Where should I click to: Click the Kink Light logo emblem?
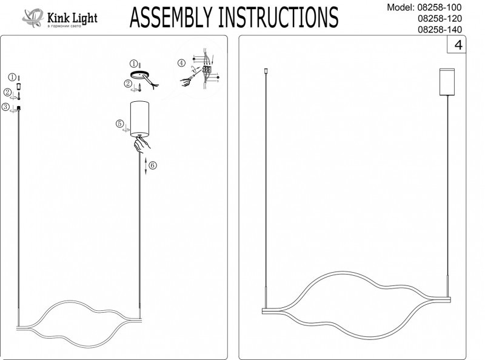tap(33, 17)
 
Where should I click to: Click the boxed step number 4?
tap(458, 45)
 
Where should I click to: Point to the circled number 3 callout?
tap(5, 107)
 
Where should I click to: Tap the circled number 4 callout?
tap(181, 63)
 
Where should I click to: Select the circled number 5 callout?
tap(120, 124)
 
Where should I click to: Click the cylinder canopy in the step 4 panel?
tap(447, 81)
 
